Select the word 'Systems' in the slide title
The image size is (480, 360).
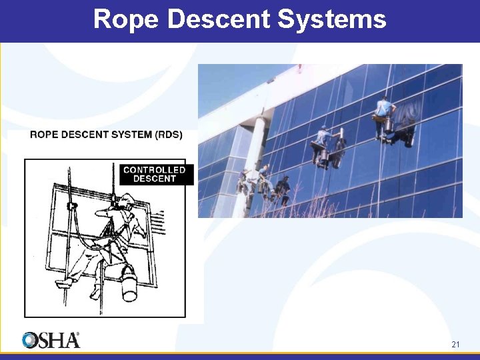pos(331,19)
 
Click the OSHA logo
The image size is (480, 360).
pos(51,340)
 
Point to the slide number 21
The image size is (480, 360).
pos(455,345)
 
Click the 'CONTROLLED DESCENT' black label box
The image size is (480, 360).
pos(154,175)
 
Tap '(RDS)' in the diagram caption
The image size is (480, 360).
pos(167,135)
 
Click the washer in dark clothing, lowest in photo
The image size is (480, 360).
pos(282,189)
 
